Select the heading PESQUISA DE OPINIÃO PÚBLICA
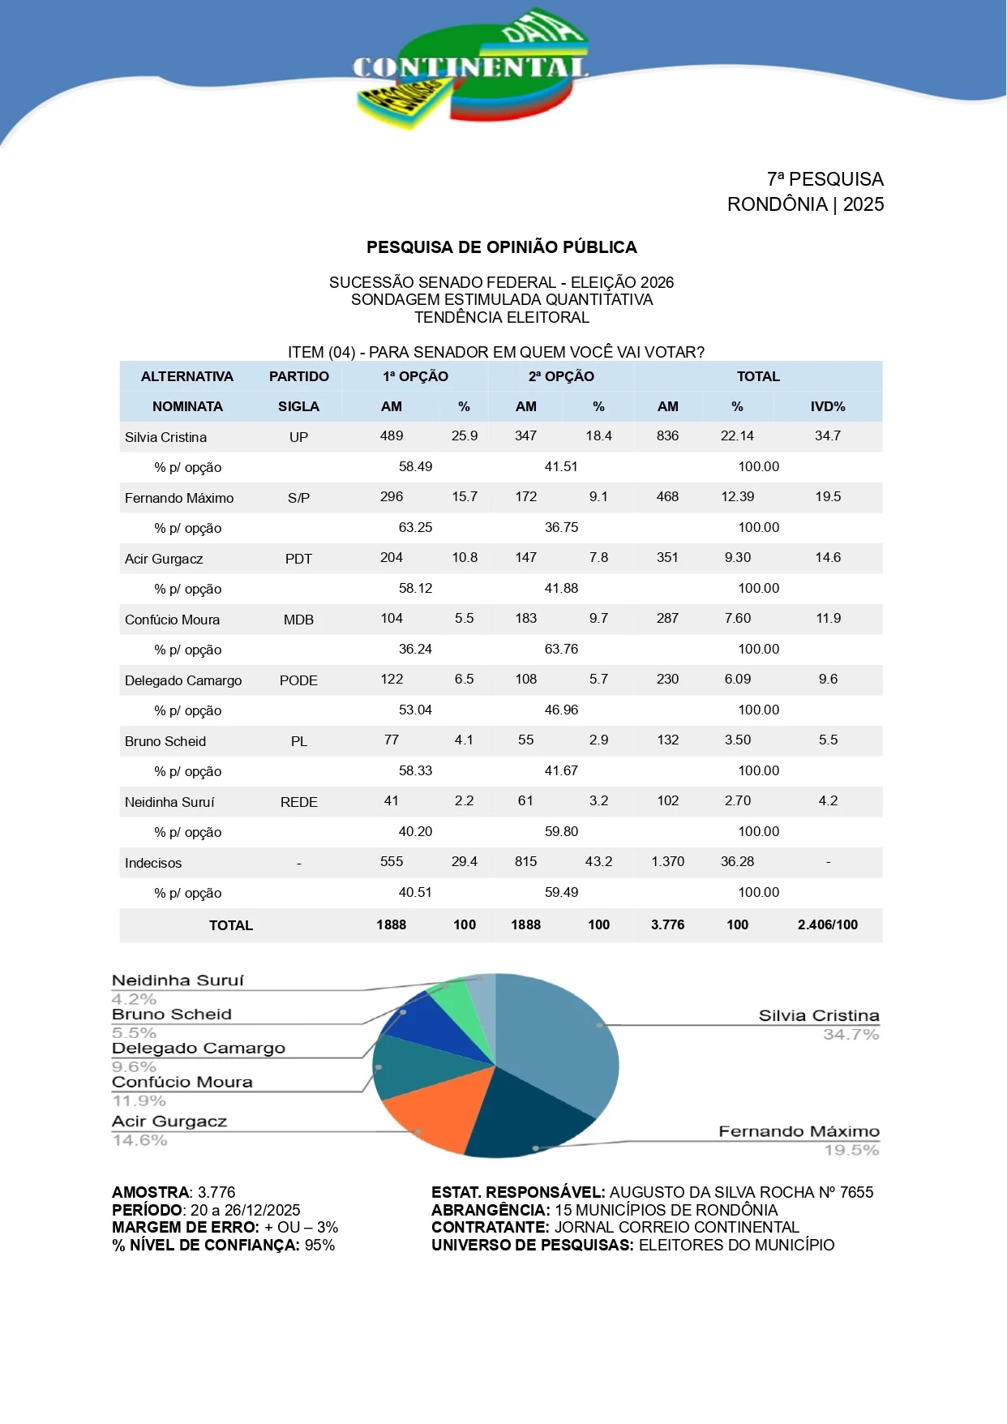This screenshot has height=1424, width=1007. tap(501, 247)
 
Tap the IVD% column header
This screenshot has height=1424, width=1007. tap(828, 406)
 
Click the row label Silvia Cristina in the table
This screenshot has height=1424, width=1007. tap(165, 437)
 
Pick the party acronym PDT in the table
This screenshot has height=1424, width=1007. tap(298, 559)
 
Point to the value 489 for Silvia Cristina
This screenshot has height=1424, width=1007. tap(392, 435)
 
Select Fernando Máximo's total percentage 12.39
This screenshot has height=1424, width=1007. tap(737, 496)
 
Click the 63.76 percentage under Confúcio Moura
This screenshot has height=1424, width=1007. tap(561, 649)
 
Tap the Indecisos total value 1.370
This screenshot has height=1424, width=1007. tap(667, 861)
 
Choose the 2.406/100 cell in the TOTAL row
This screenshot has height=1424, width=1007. tap(827, 924)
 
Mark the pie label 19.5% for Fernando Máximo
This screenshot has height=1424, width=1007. tap(851, 1150)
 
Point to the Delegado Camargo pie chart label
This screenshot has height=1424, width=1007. tap(199, 1048)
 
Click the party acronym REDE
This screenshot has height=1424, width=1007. tap(298, 802)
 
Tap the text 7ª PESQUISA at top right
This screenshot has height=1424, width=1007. tap(825, 179)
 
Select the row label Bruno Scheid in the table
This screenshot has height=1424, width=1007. tap(165, 741)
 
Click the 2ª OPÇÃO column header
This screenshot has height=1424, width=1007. tap(561, 376)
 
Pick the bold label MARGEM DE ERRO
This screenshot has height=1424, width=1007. tap(186, 1227)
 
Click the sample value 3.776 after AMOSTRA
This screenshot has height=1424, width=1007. tap(216, 1192)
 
